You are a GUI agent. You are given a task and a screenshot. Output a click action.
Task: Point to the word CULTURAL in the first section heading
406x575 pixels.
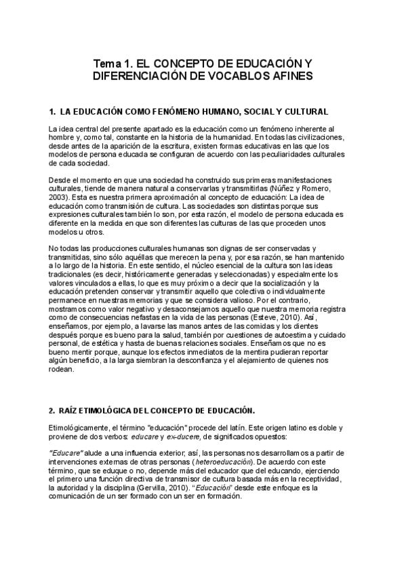(304, 111)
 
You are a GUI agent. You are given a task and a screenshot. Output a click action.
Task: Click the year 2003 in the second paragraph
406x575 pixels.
(59, 199)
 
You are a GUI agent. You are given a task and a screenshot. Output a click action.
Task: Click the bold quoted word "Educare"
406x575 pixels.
(66, 450)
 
